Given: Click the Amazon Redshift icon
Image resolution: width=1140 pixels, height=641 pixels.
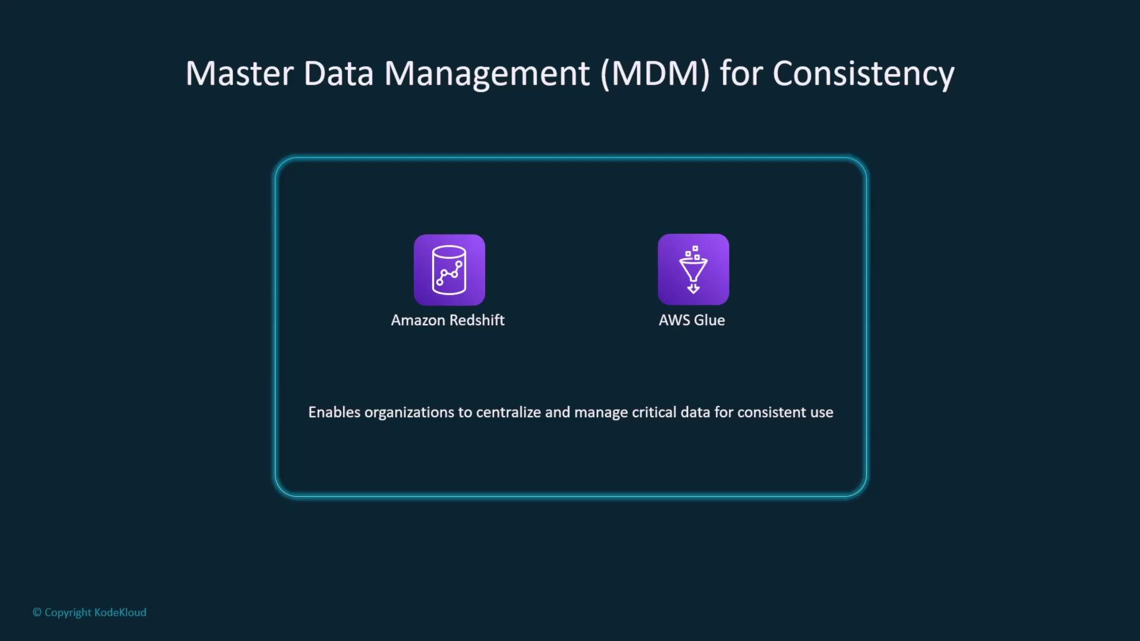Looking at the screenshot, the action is click(449, 270).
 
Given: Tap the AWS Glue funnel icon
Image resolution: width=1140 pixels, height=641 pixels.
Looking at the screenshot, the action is click(693, 269).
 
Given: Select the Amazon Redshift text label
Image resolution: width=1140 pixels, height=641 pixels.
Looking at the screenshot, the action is click(448, 320).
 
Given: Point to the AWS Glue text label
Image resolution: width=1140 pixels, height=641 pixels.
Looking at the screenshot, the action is click(692, 320).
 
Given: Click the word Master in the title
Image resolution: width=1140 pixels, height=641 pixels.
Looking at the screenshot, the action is click(240, 74).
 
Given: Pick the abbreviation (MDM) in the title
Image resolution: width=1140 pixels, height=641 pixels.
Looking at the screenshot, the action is click(655, 74).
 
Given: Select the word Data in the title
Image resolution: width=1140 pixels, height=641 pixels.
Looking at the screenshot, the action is click(338, 74).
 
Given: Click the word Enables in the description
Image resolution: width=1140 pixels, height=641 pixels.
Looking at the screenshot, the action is click(334, 412).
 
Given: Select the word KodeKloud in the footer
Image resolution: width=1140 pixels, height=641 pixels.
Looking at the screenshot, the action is click(120, 612).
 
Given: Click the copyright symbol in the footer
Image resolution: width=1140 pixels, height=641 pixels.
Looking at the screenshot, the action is click(37, 612).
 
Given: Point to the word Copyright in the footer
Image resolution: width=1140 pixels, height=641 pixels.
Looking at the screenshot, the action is click(68, 613).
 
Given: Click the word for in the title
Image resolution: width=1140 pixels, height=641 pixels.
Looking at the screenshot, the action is click(741, 74).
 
